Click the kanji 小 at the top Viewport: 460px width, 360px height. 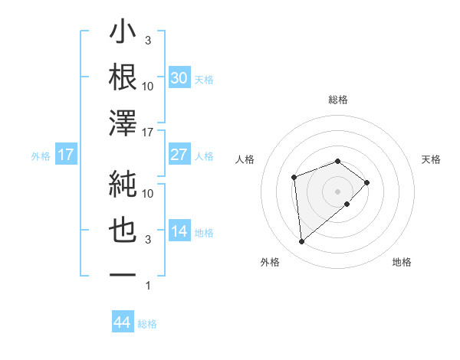pos(123,35)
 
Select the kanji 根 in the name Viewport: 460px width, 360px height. pos(123,77)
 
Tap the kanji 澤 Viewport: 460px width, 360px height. pos(123,123)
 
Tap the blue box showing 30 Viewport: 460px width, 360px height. pos(179,78)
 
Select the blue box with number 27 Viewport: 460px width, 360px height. pos(179,155)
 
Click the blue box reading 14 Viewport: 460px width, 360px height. pos(179,231)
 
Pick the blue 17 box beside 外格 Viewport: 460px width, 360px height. pos(65,155)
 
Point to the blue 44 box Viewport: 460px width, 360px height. pos(123,322)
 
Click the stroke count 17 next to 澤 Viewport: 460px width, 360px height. pos(148,133)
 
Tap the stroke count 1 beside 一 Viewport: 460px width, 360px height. pos(148,286)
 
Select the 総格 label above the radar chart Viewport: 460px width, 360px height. pos(337,100)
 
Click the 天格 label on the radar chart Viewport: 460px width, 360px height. pos(432,159)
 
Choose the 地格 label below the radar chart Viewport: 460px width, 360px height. pos(402,262)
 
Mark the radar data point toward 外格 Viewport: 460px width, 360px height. pos(302,242)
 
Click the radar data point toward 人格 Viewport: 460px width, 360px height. pos(294,178)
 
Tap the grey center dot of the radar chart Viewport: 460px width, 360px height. pos(337,190)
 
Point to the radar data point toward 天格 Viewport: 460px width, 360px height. pos(367,182)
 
